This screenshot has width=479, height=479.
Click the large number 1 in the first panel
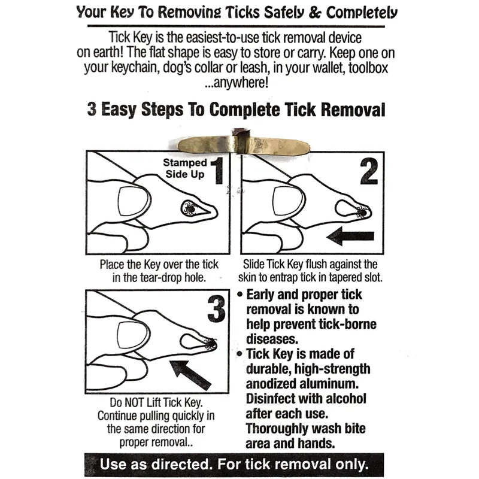[x=217, y=171]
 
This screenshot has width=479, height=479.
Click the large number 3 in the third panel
[x=217, y=310]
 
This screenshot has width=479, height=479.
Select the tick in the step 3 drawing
[x=210, y=344]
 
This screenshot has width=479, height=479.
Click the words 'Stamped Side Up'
[x=186, y=168]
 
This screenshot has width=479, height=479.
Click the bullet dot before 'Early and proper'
[x=240, y=295]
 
